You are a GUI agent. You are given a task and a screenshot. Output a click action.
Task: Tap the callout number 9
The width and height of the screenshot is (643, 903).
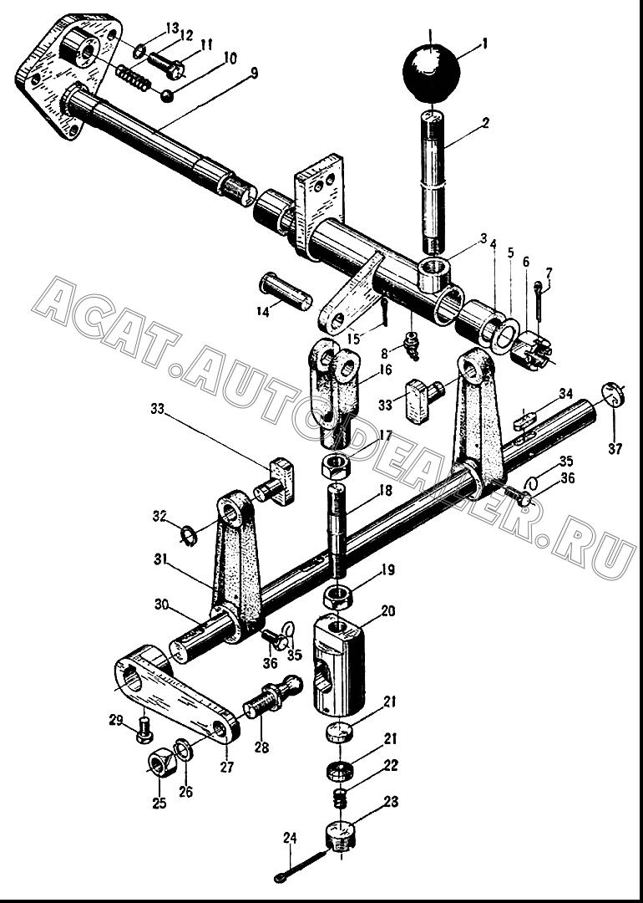[x=254, y=73]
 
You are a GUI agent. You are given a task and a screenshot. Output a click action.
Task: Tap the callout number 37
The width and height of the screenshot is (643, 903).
[x=615, y=449]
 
